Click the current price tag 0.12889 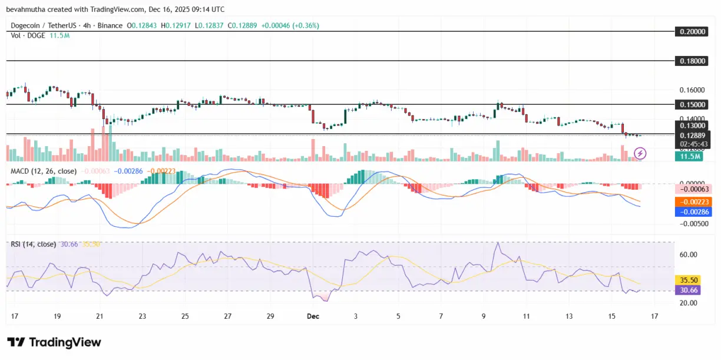[692, 136]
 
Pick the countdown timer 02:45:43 [692, 144]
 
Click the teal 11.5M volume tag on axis [690, 156]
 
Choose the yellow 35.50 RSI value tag [689, 280]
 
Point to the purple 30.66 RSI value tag [689, 290]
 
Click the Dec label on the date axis [313, 316]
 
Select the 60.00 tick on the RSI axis [689, 255]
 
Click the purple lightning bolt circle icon [640, 154]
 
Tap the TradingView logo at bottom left [54, 342]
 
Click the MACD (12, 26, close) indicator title [43, 171]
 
